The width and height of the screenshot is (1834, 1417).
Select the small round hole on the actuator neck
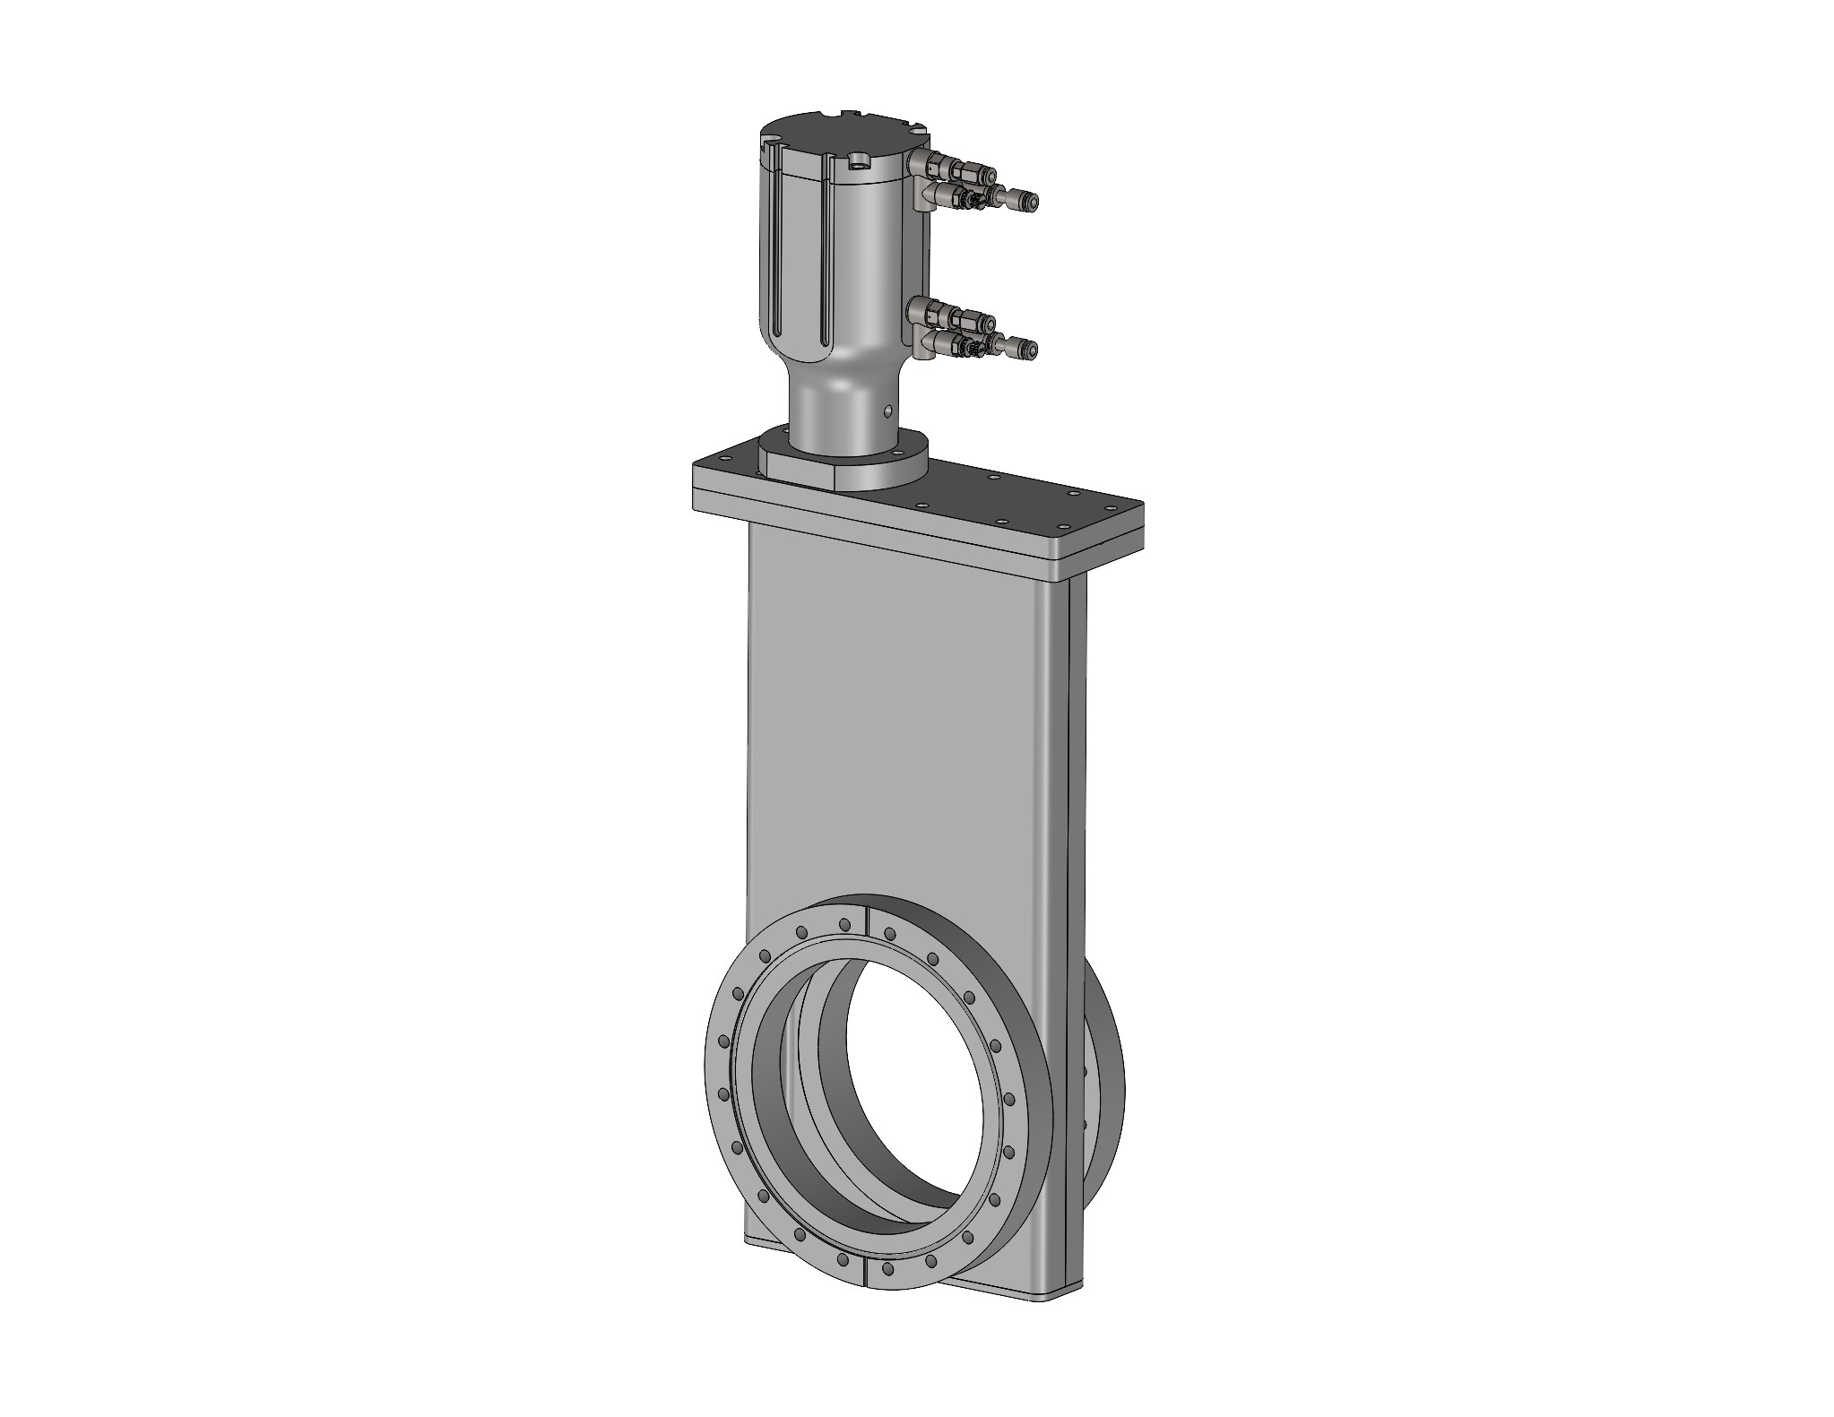(888, 411)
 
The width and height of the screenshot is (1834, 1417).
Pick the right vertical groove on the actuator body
(824, 269)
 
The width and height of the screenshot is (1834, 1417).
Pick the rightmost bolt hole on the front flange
(1011, 1098)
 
